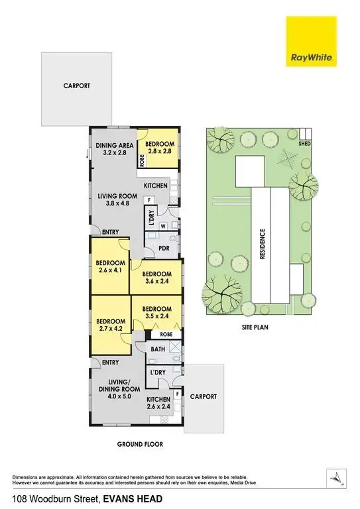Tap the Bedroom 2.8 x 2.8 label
[x=160, y=148]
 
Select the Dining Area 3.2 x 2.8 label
[x=115, y=148]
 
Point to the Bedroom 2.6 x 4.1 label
[x=109, y=265]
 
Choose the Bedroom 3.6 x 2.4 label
[x=157, y=278]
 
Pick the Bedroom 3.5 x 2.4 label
[x=157, y=312]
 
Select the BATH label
[x=157, y=349]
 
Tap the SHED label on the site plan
[x=305, y=143]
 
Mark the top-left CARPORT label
[x=76, y=86]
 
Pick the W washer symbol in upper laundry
[x=162, y=225]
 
